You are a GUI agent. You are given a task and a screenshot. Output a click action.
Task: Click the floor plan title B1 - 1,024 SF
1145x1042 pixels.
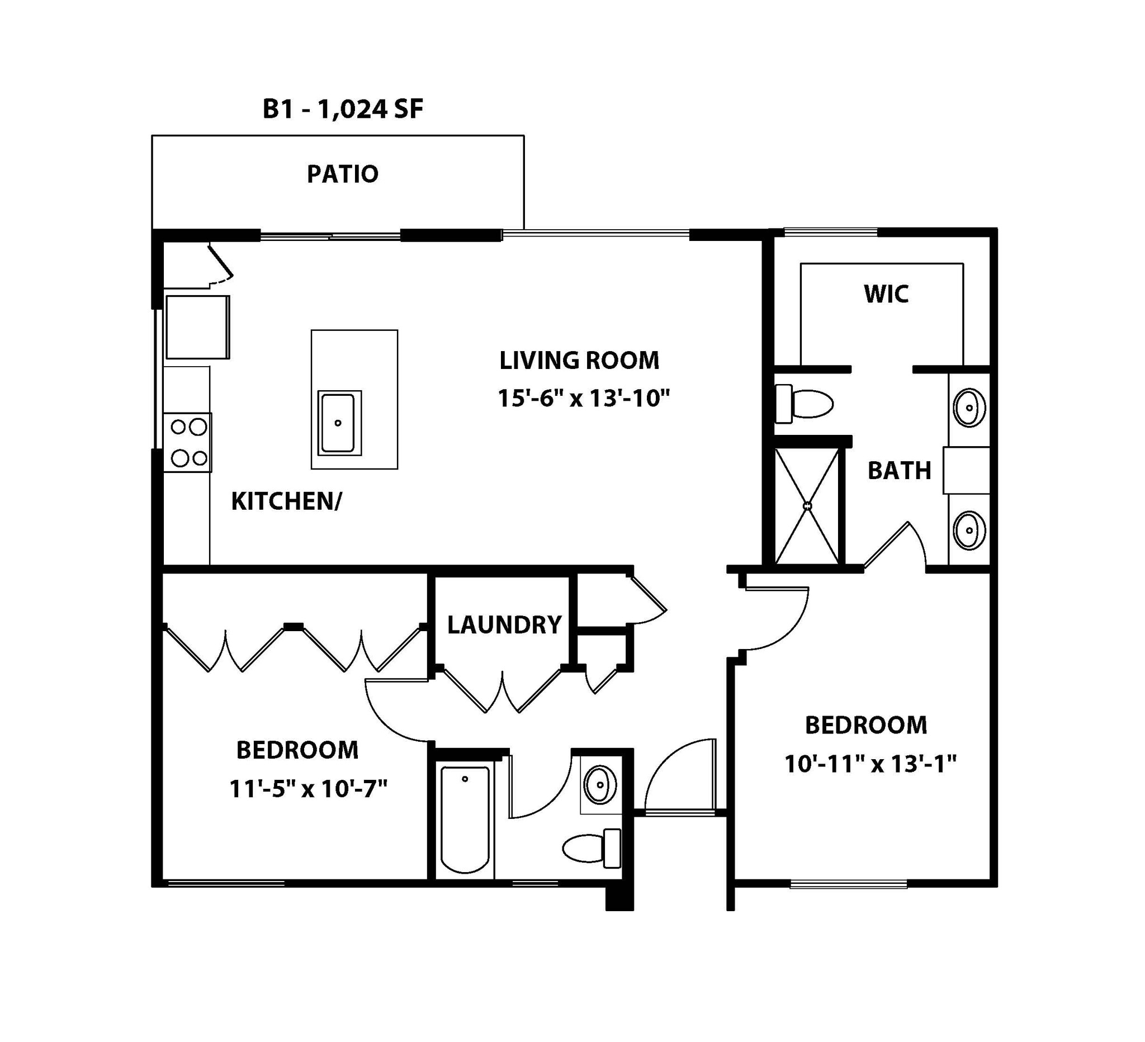pos(343,109)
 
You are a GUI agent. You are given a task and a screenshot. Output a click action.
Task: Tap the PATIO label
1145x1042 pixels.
pos(343,174)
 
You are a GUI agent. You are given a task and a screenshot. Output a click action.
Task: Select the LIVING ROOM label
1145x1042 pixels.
pos(579,361)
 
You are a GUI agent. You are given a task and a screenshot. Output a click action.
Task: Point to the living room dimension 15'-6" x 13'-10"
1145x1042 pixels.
pos(584,398)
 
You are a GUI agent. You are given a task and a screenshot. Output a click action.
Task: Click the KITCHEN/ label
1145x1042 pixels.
pos(286,501)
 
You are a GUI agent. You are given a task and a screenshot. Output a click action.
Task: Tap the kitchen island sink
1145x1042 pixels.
pos(338,423)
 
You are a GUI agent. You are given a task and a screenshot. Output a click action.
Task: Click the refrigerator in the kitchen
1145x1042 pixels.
pos(198,327)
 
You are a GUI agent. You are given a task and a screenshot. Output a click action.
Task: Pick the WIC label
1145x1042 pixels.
pos(886,294)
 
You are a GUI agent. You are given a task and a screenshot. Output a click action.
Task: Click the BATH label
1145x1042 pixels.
pos(900,471)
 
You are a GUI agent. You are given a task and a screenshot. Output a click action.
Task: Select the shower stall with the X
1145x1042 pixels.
pos(807,506)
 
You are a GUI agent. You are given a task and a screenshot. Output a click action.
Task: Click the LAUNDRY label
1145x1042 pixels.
pos(504,624)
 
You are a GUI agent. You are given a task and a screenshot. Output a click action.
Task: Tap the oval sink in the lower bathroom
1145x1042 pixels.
pos(600,785)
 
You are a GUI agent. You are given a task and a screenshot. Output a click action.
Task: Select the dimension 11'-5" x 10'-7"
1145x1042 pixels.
pos(308,789)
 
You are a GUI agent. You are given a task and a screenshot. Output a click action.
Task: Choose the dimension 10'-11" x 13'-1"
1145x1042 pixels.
pos(870,764)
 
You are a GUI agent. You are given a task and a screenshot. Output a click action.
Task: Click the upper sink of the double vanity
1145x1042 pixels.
pos(969,407)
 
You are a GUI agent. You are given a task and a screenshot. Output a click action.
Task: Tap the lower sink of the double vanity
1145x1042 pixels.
pos(969,531)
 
